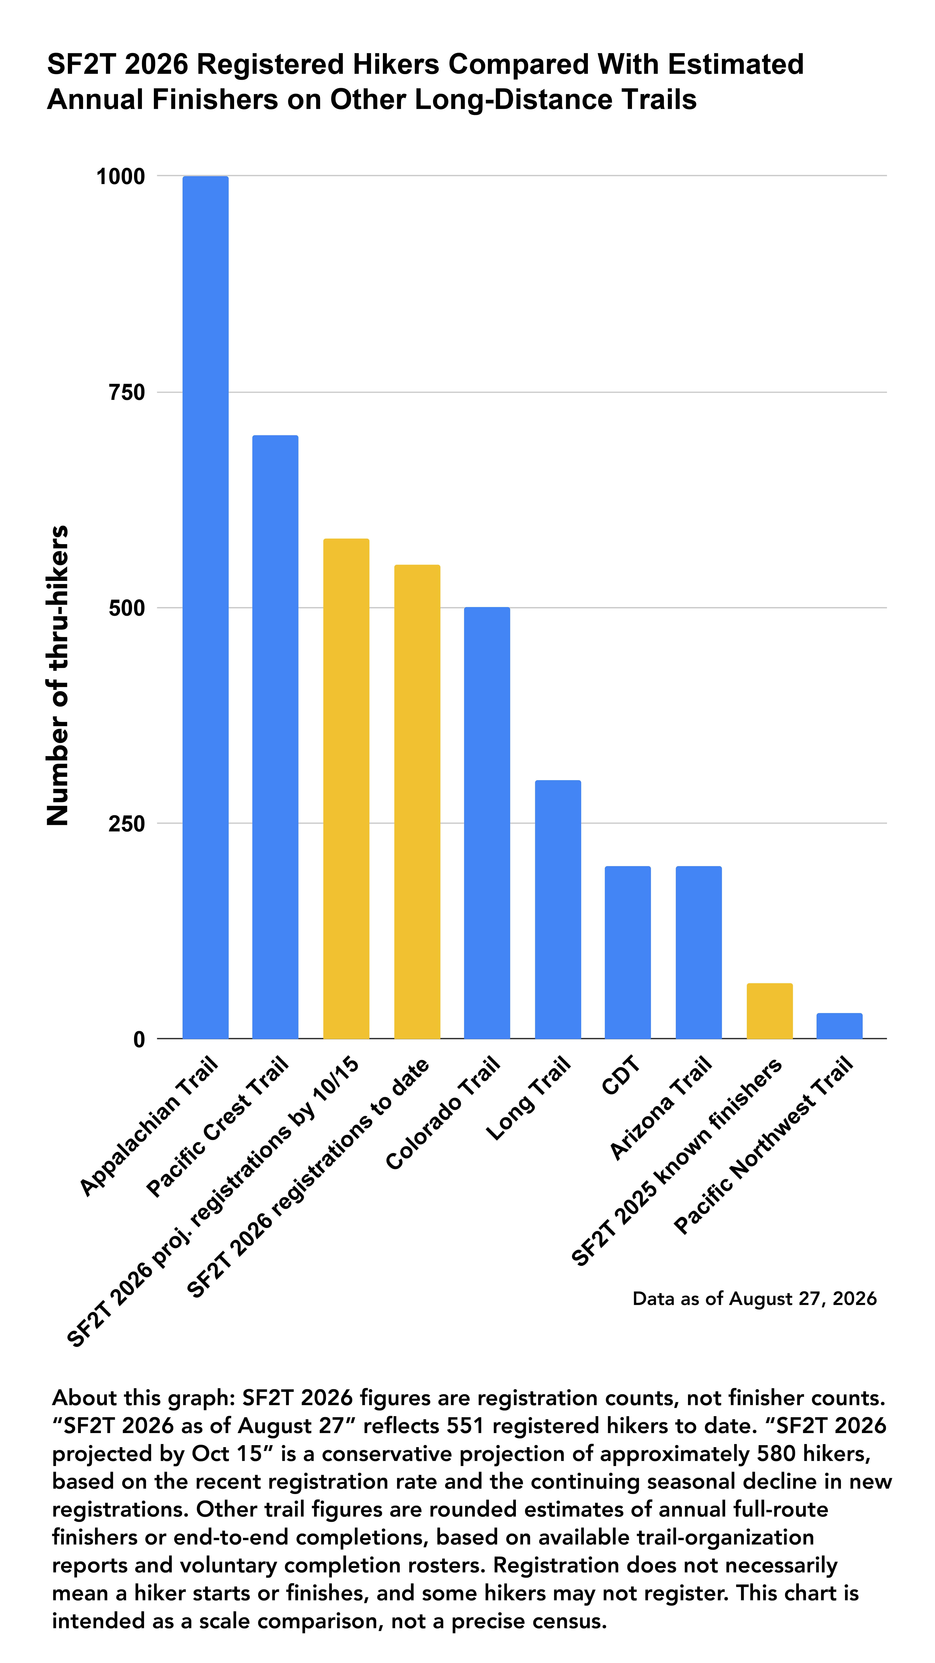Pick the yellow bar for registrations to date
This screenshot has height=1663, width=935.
(417, 802)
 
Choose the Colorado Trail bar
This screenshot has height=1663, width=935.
(487, 823)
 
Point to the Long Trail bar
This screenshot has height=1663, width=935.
(558, 910)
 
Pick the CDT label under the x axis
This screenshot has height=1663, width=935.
(621, 1075)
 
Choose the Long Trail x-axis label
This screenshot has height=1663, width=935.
(528, 1097)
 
